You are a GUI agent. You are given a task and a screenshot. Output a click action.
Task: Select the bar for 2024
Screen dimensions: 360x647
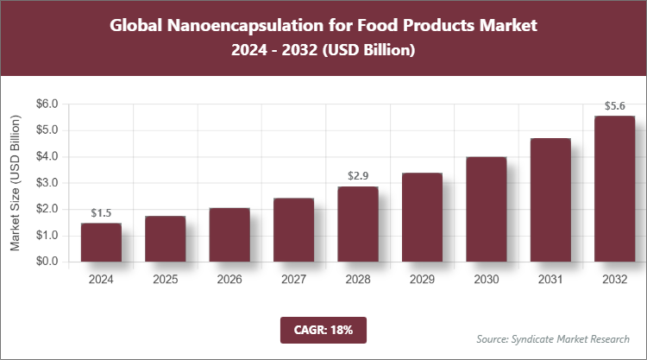pyautogui.click(x=101, y=243)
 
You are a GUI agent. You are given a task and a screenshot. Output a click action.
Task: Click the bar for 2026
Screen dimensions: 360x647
pyautogui.click(x=229, y=235)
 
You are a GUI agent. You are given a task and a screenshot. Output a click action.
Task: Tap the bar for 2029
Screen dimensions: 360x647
pyautogui.click(x=421, y=218)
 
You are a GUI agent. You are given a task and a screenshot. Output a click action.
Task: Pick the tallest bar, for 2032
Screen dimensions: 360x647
pyautogui.click(x=613, y=189)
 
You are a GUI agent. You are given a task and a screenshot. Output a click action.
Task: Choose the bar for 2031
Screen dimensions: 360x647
pyautogui.click(x=550, y=200)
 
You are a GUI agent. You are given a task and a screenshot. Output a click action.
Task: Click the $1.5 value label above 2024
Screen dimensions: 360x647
pyautogui.click(x=101, y=213)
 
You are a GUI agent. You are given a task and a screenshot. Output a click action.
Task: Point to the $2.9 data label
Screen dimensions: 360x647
pyautogui.click(x=357, y=176)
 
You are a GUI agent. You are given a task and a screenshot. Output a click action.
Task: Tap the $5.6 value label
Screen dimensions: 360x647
pyautogui.click(x=613, y=106)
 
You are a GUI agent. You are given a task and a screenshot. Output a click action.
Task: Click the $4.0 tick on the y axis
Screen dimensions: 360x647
pyautogui.click(x=46, y=156)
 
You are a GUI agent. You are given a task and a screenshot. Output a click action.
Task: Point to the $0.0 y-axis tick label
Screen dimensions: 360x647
pyautogui.click(x=46, y=262)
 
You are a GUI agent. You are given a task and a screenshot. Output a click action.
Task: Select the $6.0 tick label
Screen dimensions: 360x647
pyautogui.click(x=46, y=104)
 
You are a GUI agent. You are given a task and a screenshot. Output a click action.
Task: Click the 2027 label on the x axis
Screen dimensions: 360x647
pyautogui.click(x=293, y=280)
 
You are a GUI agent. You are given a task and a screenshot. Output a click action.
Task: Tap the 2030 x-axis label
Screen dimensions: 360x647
pyautogui.click(x=486, y=280)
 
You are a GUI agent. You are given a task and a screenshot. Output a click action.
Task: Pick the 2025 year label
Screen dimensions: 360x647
pyautogui.click(x=166, y=280)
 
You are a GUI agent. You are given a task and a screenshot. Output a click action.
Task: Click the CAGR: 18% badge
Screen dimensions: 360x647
pyautogui.click(x=323, y=329)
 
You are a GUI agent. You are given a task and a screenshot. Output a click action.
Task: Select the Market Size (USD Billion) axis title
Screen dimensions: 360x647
pyautogui.click(x=15, y=182)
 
